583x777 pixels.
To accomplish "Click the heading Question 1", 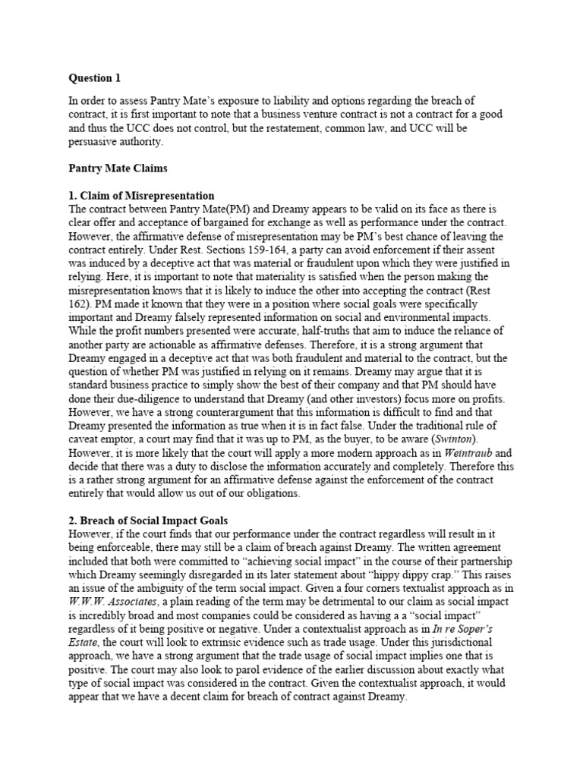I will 95,78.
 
